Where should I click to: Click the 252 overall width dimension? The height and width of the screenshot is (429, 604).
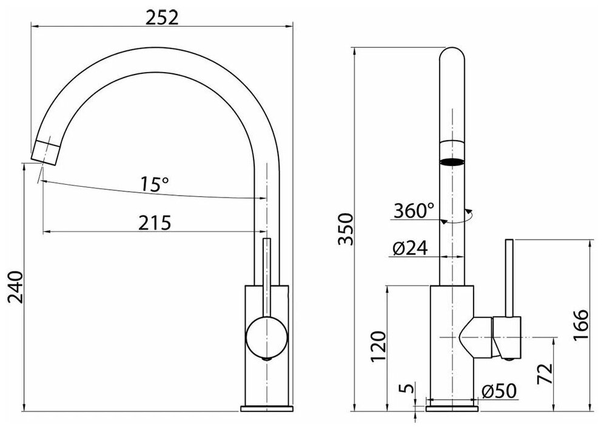coord(162,18)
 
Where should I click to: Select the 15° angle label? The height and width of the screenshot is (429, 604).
coord(154,184)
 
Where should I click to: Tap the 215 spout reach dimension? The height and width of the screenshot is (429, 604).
coord(155,223)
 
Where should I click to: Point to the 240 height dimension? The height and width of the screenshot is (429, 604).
coord(15,287)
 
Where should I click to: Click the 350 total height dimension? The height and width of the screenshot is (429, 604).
coord(345,229)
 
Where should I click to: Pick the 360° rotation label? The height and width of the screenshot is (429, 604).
coord(414,210)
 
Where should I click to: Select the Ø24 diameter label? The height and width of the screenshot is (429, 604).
coord(410,248)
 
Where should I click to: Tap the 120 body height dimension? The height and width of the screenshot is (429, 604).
coord(378,346)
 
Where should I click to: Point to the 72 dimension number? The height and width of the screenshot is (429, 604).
coord(545,374)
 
